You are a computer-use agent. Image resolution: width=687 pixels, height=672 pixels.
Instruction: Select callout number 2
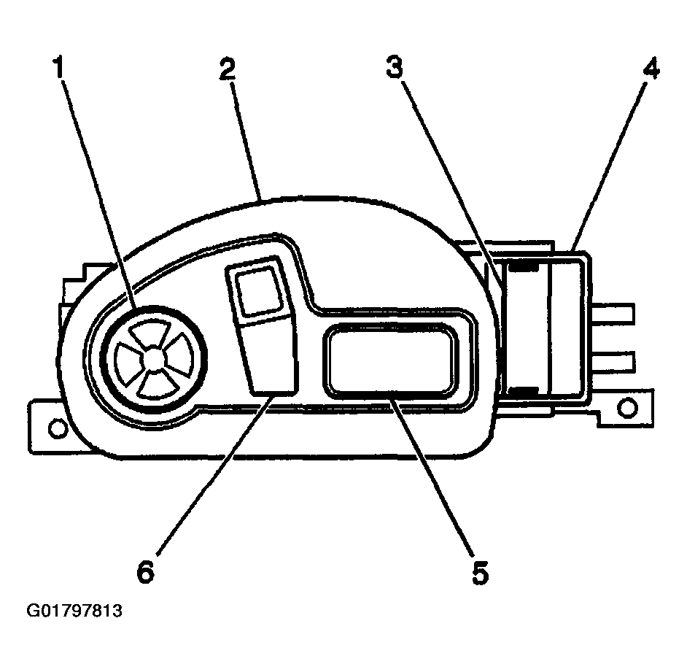(228, 69)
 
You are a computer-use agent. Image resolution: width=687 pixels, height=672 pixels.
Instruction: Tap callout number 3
(395, 66)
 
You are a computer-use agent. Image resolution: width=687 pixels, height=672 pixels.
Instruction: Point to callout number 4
(651, 69)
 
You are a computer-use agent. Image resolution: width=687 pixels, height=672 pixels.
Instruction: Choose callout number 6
(145, 571)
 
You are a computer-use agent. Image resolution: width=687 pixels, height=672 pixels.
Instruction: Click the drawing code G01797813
(74, 610)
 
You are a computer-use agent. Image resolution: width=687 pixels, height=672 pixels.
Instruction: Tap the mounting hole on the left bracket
(58, 428)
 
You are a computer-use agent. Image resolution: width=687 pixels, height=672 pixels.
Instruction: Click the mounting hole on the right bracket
(627, 408)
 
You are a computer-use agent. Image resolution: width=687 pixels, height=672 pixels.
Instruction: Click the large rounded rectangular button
(390, 360)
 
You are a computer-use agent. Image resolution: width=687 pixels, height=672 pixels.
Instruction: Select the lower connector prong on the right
(613, 360)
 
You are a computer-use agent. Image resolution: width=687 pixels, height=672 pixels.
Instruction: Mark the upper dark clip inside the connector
(524, 266)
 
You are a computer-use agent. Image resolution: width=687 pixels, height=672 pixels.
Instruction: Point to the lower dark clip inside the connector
(524, 390)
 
